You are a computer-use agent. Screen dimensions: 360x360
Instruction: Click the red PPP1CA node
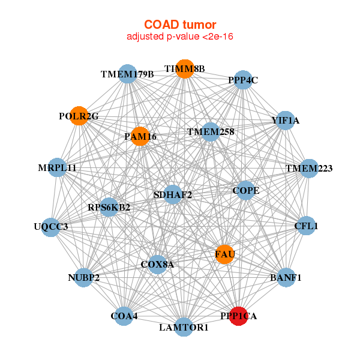(x=239, y=316)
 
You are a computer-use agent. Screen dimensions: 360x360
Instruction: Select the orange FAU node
(x=224, y=254)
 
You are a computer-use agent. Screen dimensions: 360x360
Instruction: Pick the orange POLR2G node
(x=79, y=116)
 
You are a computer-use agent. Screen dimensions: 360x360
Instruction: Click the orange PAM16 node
(x=140, y=136)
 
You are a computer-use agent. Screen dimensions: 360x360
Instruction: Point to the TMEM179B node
(x=127, y=74)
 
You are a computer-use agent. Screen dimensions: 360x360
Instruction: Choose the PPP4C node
(x=242, y=80)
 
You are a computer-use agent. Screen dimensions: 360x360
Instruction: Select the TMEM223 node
(x=308, y=169)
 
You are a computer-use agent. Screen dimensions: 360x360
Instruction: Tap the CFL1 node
(x=306, y=226)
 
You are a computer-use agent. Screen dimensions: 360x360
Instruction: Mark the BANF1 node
(x=286, y=277)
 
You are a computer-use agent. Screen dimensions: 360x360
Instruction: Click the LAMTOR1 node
(x=184, y=327)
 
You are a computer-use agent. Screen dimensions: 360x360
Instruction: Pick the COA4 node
(x=124, y=316)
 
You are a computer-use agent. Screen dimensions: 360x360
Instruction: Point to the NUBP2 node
(x=83, y=277)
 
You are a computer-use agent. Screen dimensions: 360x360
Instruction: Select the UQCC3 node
(x=51, y=227)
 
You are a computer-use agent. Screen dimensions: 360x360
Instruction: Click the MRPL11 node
(x=58, y=167)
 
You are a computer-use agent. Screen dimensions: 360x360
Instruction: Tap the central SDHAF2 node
(x=173, y=194)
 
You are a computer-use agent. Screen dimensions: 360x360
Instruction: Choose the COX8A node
(x=157, y=264)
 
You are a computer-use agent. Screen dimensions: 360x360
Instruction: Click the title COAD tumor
(x=180, y=25)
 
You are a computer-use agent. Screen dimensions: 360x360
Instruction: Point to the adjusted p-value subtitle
(x=180, y=37)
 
